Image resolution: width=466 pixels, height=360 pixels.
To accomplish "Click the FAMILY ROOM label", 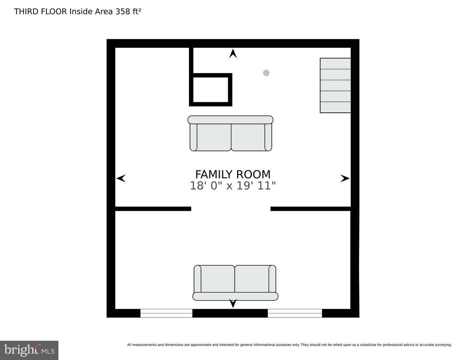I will (x=233, y=174).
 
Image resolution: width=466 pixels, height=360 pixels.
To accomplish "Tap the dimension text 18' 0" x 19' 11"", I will (x=233, y=186).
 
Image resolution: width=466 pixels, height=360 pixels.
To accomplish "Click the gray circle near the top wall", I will (x=266, y=73).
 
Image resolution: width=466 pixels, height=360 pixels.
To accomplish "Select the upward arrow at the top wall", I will (x=233, y=54).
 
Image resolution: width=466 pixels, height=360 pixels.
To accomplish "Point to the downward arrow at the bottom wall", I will (x=233, y=303).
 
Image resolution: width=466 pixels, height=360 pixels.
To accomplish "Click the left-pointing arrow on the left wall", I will (x=121, y=178).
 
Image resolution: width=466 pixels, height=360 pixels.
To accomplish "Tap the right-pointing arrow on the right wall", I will (x=345, y=178).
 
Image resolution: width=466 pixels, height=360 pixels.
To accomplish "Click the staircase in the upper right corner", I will (x=335, y=85).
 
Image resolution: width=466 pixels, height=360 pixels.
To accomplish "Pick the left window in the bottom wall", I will (x=166, y=313).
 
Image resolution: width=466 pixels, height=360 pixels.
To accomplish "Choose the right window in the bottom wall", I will (x=295, y=313).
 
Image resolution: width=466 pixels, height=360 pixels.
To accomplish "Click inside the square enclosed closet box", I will (x=211, y=90).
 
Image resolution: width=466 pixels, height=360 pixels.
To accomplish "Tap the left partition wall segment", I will (x=153, y=209).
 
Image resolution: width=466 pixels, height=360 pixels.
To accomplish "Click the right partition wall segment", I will (x=311, y=209).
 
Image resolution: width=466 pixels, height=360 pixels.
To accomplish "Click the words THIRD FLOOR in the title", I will (x=40, y=12).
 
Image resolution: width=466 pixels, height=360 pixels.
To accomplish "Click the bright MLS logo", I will (x=29, y=350).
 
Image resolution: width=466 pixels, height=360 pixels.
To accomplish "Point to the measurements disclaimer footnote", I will (x=289, y=345).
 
